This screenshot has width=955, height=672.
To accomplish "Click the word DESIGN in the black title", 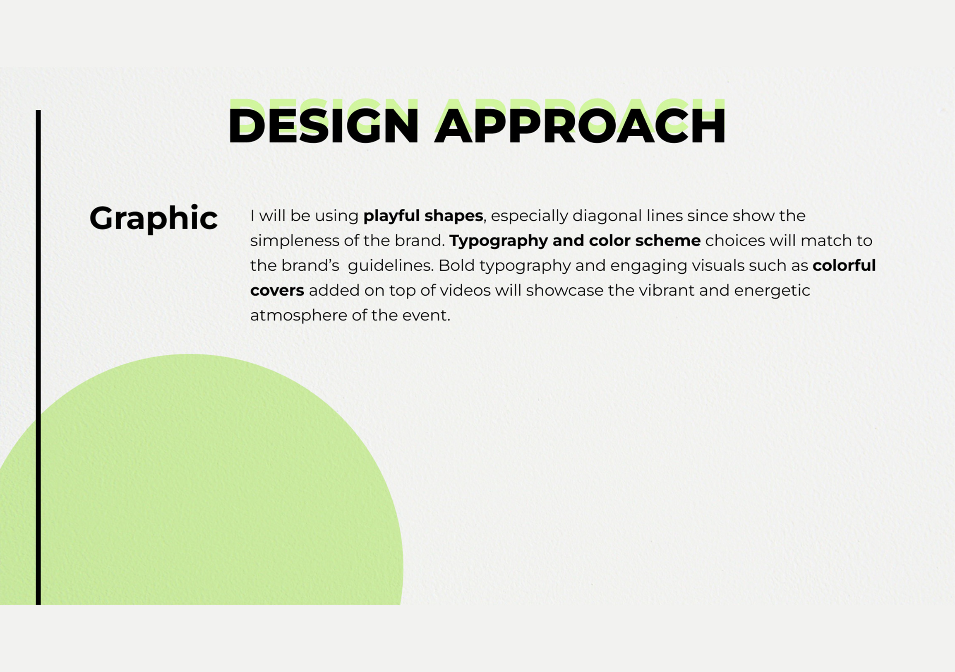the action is [x=323, y=125].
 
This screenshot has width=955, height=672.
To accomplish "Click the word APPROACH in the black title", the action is [x=580, y=125].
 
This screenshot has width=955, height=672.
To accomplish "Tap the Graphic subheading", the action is [x=154, y=218].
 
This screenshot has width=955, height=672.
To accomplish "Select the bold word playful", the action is [x=391, y=216].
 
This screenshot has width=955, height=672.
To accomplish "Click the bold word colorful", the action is [x=844, y=265].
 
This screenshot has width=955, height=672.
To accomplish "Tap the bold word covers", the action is [x=277, y=290].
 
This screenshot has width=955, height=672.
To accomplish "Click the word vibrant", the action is [x=667, y=290].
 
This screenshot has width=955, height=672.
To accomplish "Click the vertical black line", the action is [x=38, y=357].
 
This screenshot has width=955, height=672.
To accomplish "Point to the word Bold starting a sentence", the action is [x=456, y=265].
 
